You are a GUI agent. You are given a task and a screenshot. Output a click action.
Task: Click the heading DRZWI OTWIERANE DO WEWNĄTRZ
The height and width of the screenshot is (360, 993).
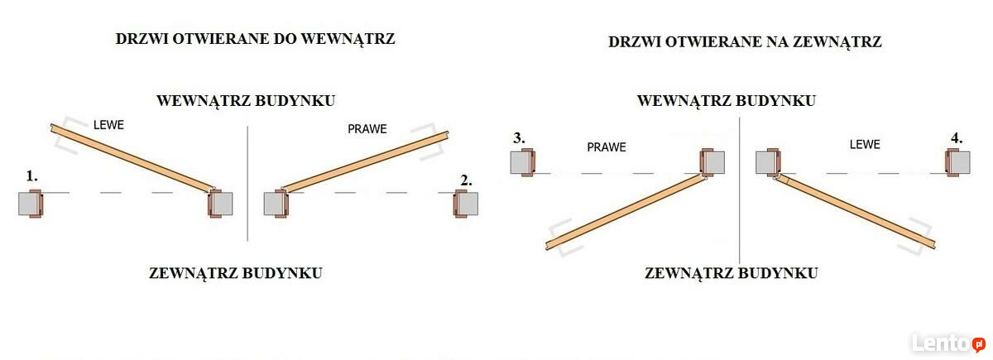[255, 39]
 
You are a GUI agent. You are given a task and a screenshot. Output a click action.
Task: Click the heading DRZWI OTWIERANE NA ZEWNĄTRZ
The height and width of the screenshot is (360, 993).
[745, 42]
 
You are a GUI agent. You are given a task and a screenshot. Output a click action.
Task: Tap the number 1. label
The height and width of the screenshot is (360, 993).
[32, 176]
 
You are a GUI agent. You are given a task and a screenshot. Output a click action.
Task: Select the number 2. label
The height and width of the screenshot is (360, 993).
[466, 180]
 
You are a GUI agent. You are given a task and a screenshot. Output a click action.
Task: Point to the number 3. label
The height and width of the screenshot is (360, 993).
[519, 138]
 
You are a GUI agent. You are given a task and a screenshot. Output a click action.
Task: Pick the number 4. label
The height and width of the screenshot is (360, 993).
[957, 138]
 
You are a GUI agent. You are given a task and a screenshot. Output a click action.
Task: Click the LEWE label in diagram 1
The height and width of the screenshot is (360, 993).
[108, 125]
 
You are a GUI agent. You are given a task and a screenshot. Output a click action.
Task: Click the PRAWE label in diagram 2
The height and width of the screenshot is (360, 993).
[367, 129]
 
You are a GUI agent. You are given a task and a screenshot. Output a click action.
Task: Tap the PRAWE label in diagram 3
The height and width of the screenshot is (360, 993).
[607, 147]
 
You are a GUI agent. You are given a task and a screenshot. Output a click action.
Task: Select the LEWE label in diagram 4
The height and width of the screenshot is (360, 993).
[865, 145]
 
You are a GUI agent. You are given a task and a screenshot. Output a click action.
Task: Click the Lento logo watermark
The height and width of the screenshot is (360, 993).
[947, 343]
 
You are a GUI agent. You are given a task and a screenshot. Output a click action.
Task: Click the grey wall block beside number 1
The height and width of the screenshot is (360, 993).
[28, 204]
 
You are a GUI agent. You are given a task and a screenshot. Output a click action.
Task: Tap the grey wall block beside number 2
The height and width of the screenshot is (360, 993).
[468, 204]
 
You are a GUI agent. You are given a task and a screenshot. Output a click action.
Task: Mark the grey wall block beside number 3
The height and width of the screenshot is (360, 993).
[520, 163]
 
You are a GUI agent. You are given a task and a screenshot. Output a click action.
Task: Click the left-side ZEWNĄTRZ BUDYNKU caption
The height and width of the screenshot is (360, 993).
[235, 273]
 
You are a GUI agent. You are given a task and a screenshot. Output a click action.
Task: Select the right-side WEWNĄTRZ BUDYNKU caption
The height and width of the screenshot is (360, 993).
[727, 101]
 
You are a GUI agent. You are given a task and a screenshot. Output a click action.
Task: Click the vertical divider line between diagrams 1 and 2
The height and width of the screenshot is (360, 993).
[247, 184]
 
